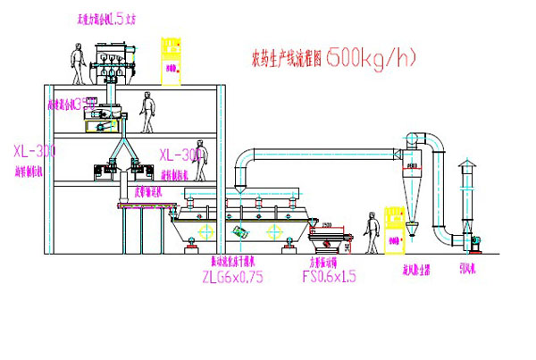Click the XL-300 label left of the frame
tap(34, 152)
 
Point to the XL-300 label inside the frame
tap(181, 154)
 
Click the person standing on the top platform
tap(78, 62)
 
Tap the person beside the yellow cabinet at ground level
tap(371, 233)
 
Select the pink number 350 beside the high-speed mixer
tap(86, 104)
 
